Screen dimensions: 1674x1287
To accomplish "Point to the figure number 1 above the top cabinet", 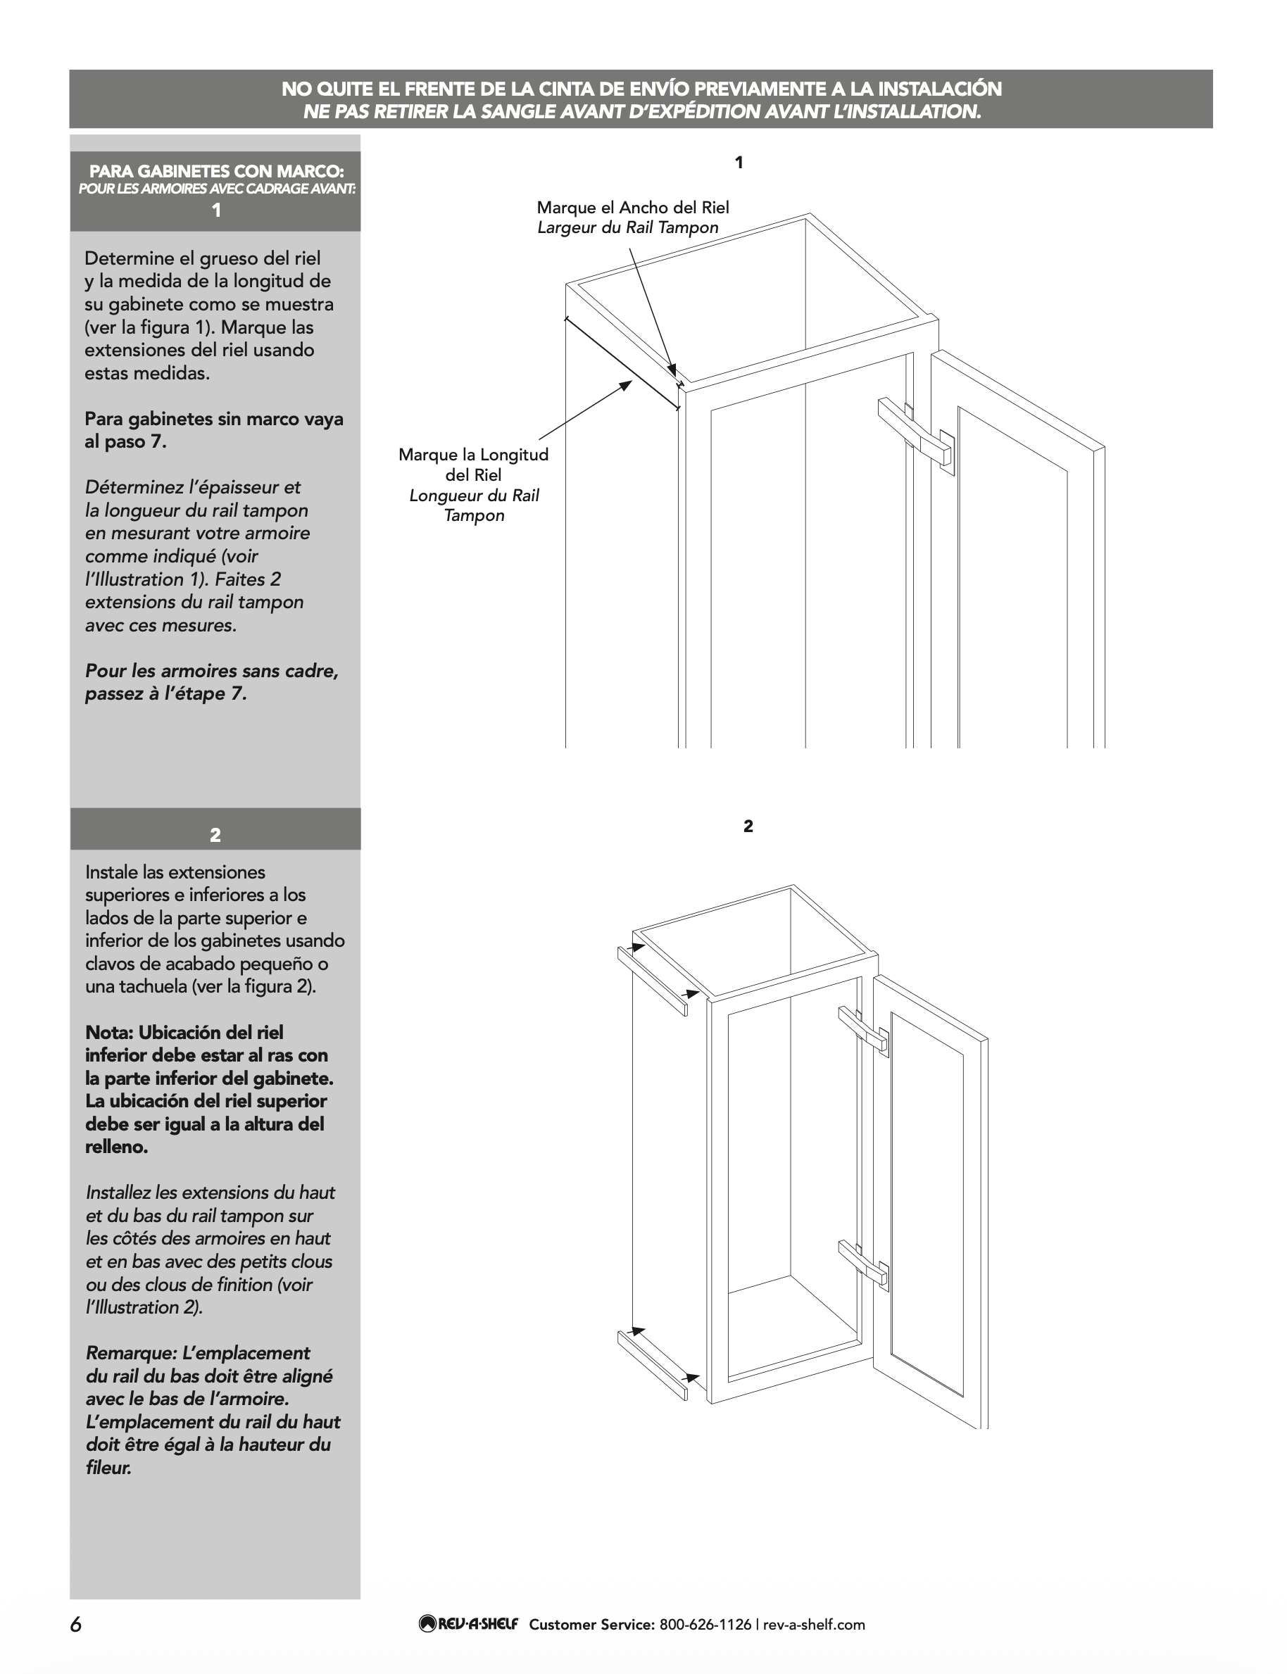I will [739, 163].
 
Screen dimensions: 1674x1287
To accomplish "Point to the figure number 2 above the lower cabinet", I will [748, 826].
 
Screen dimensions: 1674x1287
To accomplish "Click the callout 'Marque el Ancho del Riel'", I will [632, 208].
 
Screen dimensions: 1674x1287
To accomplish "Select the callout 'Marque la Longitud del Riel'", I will [473, 464].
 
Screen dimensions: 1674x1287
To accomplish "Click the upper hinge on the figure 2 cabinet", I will [863, 1028].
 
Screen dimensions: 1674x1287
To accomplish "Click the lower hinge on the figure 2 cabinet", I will [863, 1263].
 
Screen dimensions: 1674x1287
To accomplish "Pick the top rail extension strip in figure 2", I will [652, 980].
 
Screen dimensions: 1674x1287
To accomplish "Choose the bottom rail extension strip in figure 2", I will [652, 1366].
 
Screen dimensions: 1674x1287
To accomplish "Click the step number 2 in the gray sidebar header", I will [215, 836].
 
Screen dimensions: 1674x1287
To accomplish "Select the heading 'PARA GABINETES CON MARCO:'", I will [216, 171].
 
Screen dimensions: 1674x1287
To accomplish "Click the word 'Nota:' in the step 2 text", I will [108, 1032].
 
